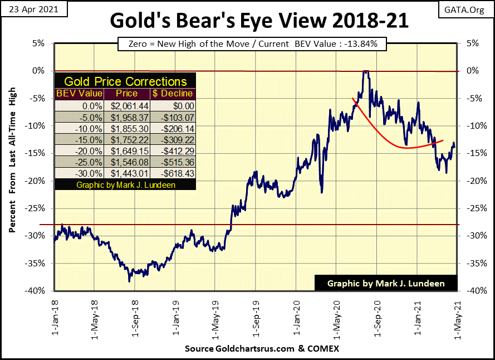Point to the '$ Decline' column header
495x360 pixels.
(x=174, y=94)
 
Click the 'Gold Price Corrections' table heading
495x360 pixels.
(x=125, y=81)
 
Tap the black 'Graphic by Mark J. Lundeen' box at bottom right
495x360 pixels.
(x=386, y=283)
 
